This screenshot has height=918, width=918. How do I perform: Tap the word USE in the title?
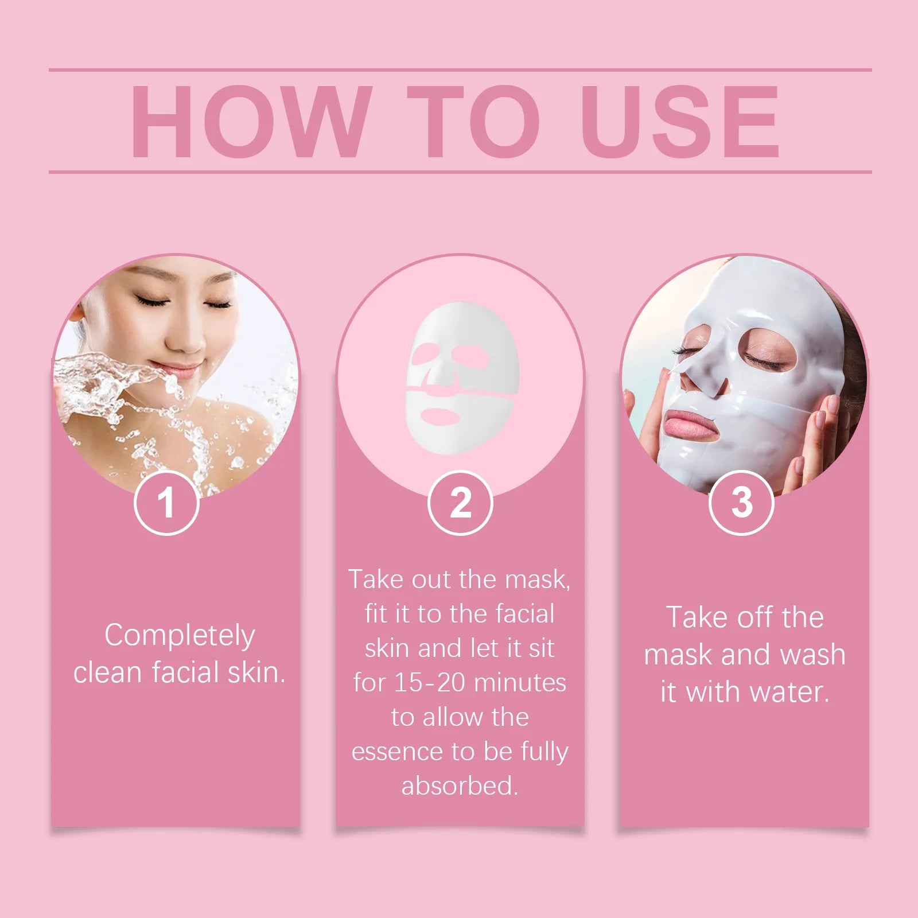(x=680, y=121)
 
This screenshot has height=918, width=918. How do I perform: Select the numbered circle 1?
(x=166, y=503)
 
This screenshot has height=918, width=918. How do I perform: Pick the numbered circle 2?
(x=460, y=503)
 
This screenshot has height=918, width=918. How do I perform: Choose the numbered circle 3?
(x=741, y=503)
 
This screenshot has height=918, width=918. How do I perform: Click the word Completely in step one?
(x=180, y=636)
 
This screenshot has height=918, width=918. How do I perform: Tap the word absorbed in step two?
(x=459, y=785)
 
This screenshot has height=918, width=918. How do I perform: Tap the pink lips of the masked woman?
(x=692, y=423)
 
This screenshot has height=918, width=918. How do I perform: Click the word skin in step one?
(x=256, y=672)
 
